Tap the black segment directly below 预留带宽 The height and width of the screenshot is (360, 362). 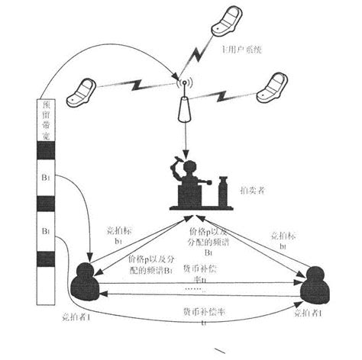pos(45,151)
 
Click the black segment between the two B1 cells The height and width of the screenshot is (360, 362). pos(45,205)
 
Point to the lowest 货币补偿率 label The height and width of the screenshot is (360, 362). pos(197,315)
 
